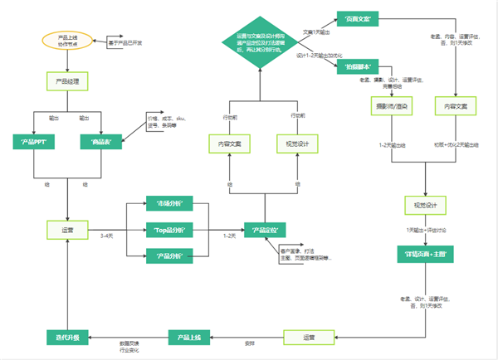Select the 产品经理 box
[x=67, y=80]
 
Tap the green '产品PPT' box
[x=33, y=141]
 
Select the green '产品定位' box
[x=263, y=228]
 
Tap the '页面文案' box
[x=359, y=19]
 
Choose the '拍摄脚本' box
[x=357, y=66]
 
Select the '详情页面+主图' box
[x=426, y=254]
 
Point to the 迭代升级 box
[x=66, y=337]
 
